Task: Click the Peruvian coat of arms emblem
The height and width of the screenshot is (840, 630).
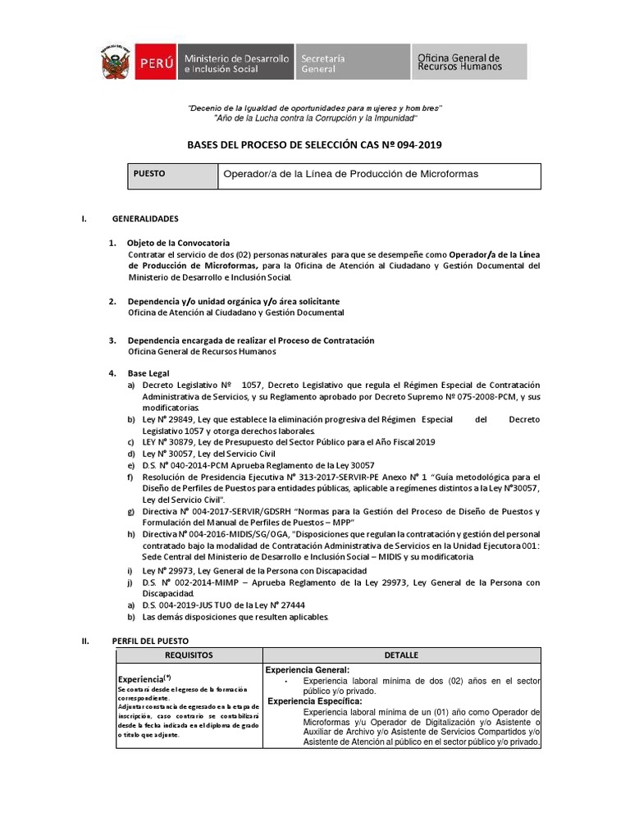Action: [x=116, y=62]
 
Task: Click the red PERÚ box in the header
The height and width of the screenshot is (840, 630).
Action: [x=154, y=62]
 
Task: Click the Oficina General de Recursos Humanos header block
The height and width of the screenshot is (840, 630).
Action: [x=469, y=62]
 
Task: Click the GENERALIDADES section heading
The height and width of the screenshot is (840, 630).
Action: [x=144, y=219]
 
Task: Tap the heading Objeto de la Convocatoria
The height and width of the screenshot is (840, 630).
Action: [x=178, y=244]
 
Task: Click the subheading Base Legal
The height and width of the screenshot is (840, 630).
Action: [x=148, y=373]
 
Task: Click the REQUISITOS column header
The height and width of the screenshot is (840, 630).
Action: [x=189, y=655]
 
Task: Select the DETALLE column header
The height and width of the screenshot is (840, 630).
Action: [x=401, y=655]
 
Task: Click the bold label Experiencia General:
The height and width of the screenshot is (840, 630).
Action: [x=307, y=670]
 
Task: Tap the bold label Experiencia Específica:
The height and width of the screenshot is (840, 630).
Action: [x=314, y=701]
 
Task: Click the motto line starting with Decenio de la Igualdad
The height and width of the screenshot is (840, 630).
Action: [x=315, y=108]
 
